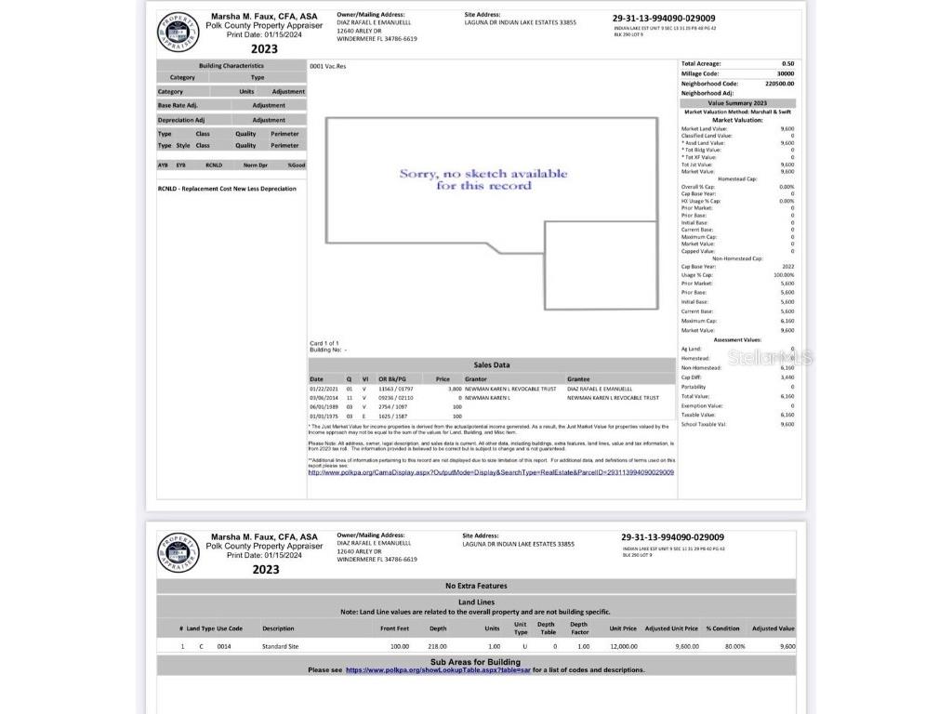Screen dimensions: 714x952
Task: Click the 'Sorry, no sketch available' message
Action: coord(483,179)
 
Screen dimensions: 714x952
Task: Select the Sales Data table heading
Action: coord(492,365)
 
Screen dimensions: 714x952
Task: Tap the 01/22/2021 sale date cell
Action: coord(323,389)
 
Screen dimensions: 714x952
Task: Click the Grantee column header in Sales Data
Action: coord(578,378)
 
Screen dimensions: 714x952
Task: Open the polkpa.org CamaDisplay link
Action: coord(491,472)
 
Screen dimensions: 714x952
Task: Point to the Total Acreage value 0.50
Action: coord(787,64)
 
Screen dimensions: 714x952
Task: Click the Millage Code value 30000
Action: coord(785,73)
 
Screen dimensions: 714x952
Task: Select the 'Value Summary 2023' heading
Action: coord(737,103)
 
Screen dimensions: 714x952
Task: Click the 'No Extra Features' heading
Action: coord(476,586)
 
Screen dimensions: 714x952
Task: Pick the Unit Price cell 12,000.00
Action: coord(623,646)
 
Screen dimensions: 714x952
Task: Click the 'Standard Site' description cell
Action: coord(280,646)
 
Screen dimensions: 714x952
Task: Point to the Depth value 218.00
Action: coord(437,646)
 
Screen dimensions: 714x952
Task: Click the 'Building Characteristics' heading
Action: coord(231,66)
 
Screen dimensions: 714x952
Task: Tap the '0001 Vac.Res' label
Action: coord(327,67)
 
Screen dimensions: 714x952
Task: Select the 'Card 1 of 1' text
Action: coord(324,343)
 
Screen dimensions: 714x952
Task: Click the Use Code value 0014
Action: coord(224,646)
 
